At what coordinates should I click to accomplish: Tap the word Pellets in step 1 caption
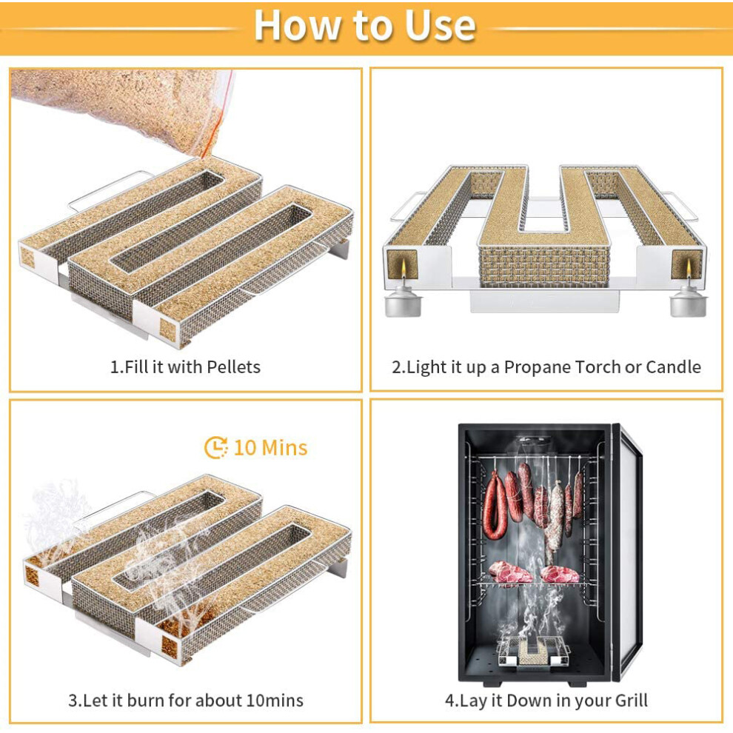233,367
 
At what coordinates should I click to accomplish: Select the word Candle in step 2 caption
673,367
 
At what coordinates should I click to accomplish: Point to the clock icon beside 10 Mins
216,447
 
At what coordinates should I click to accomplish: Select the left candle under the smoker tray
402,296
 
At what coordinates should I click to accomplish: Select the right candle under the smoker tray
688,296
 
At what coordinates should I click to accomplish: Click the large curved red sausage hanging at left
495,505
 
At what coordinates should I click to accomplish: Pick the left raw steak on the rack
509,572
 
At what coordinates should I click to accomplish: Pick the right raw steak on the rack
560,574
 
